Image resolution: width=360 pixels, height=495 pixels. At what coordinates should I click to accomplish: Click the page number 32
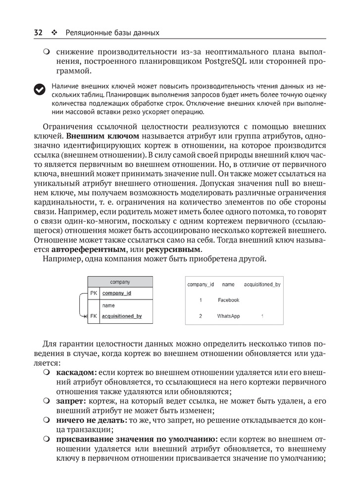(38, 33)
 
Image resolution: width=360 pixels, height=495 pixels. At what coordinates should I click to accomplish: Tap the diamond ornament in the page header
(54, 33)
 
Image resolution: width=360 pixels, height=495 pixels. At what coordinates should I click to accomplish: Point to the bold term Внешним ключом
(103, 135)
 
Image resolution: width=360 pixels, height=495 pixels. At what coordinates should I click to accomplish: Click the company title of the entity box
(120, 282)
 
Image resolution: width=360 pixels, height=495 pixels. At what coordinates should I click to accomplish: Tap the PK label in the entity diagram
(94, 293)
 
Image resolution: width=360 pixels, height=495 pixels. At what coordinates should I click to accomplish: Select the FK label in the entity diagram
(94, 316)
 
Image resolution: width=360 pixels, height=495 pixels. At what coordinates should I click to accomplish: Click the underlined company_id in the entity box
(116, 293)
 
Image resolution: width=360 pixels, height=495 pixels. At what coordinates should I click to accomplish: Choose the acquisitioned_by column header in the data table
(262, 285)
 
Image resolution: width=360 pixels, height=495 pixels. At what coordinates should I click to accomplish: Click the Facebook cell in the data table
(228, 300)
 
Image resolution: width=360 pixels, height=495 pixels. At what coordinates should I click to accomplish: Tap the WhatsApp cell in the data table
(228, 316)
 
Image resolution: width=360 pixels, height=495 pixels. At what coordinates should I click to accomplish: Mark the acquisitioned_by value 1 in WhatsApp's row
(262, 316)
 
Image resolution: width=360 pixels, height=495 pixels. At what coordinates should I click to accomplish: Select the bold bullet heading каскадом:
(77, 372)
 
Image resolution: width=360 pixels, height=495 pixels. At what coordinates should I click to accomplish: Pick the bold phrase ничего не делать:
(92, 420)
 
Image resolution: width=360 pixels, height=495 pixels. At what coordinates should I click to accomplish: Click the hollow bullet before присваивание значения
(47, 439)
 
